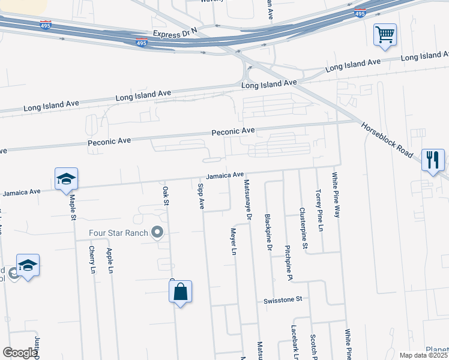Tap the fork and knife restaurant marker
click(x=433, y=160)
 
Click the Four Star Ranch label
click(x=118, y=233)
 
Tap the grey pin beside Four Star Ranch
click(x=158, y=232)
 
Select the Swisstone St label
click(x=285, y=299)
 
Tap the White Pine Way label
click(x=336, y=195)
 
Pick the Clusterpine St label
click(x=304, y=228)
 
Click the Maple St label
click(x=72, y=206)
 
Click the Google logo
click(x=20, y=353)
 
